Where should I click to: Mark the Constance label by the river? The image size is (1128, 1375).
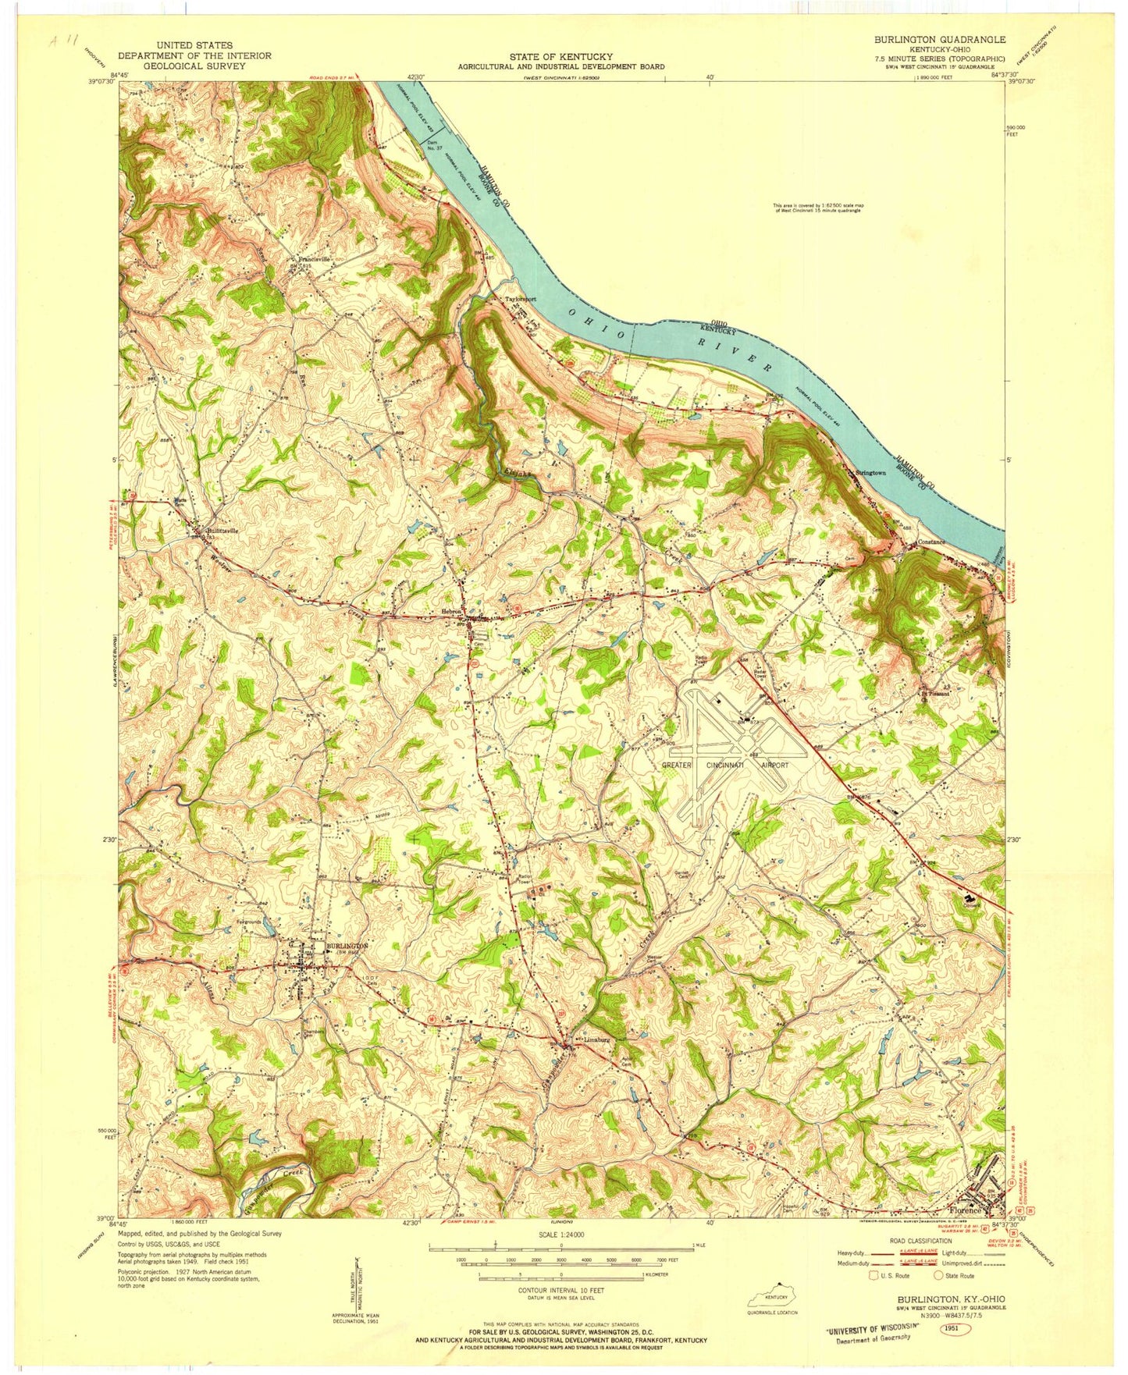coord(931,542)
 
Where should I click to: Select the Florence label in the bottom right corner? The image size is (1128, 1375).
coord(965,1211)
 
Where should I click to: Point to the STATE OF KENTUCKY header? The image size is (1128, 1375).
coord(561,56)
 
